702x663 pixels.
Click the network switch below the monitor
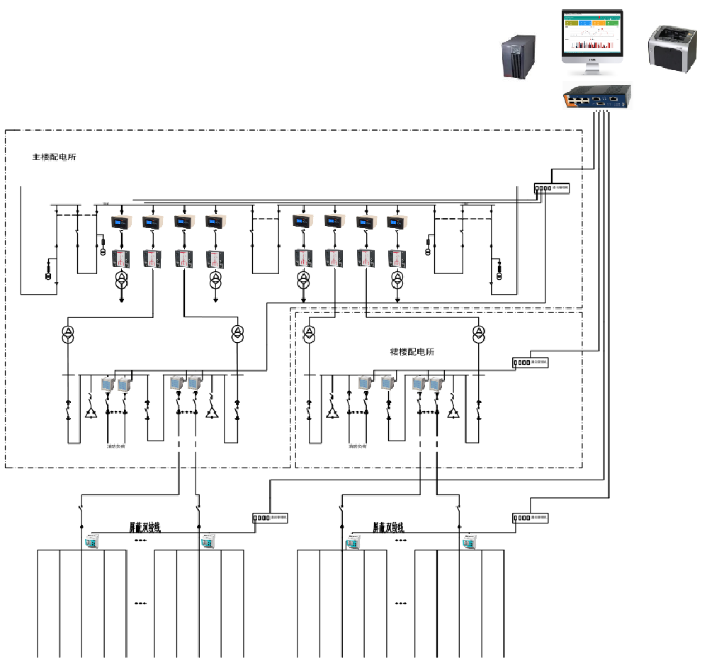point(597,96)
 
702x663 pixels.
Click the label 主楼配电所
point(55,157)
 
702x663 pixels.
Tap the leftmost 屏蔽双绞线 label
point(145,528)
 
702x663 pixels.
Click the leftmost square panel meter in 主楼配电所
point(108,385)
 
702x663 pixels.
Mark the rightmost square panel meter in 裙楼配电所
point(436,384)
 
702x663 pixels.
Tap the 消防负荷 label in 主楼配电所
point(116,447)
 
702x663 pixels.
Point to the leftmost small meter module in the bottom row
point(92,543)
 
